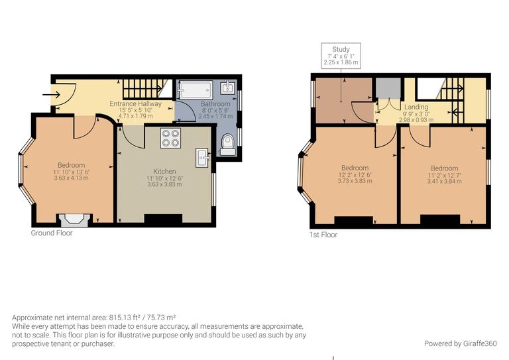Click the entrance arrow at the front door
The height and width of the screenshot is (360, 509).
click(x=50, y=95)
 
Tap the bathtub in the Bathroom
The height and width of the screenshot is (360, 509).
click(x=196, y=90)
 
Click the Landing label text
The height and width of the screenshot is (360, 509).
click(x=416, y=107)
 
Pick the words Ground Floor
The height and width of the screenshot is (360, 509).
click(x=52, y=233)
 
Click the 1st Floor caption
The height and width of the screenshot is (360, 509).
click(x=323, y=235)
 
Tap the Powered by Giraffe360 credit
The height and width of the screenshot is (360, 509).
click(x=460, y=343)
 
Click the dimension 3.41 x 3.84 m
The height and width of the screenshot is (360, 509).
click(x=444, y=182)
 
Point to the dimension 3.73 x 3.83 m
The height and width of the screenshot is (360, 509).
click(x=355, y=181)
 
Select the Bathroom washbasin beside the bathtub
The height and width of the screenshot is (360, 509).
click(x=227, y=87)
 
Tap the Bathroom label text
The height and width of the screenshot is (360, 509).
click(x=215, y=105)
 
